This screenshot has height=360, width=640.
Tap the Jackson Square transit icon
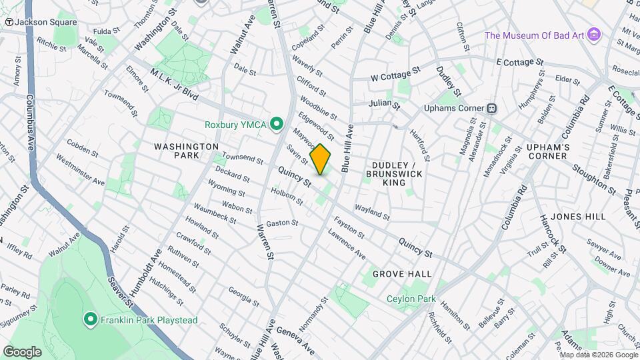coord(9,22)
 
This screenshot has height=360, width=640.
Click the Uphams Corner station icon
coord(492,108)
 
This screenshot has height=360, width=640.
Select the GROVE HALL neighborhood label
coord(402,274)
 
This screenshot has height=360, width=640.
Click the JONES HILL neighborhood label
coord(579,217)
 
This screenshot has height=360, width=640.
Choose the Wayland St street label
coord(372,211)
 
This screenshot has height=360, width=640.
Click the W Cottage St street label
coord(396,73)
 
